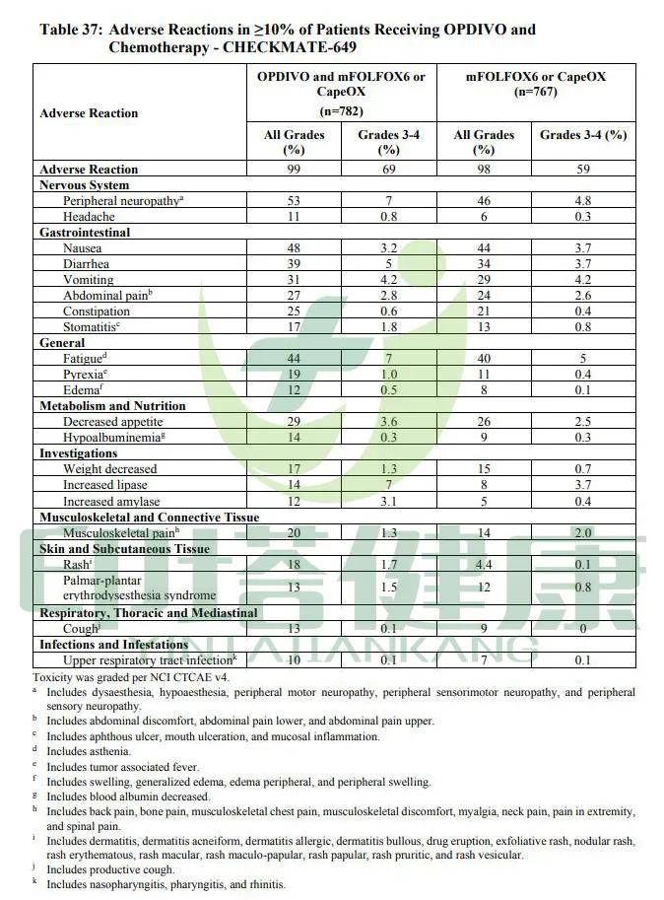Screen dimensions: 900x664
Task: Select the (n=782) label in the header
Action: (341, 111)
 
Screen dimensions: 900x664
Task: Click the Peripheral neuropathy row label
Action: (122, 200)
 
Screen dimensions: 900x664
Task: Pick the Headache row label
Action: (89, 216)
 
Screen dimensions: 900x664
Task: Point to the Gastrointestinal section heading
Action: (85, 233)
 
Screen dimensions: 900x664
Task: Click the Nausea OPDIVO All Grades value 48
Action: (294, 248)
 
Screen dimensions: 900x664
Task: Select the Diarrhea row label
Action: (87, 264)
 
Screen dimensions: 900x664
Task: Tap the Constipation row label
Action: (97, 312)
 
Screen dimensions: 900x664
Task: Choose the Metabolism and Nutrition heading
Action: (112, 405)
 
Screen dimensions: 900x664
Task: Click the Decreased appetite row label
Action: (111, 421)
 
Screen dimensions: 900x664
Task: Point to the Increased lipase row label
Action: (105, 485)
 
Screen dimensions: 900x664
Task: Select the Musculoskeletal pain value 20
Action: (294, 532)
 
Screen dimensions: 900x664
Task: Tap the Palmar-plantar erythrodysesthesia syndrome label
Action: (139, 588)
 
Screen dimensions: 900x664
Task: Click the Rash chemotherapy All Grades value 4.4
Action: (483, 564)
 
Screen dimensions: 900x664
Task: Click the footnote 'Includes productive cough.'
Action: (110, 869)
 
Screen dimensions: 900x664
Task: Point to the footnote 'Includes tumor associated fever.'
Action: (122, 767)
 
